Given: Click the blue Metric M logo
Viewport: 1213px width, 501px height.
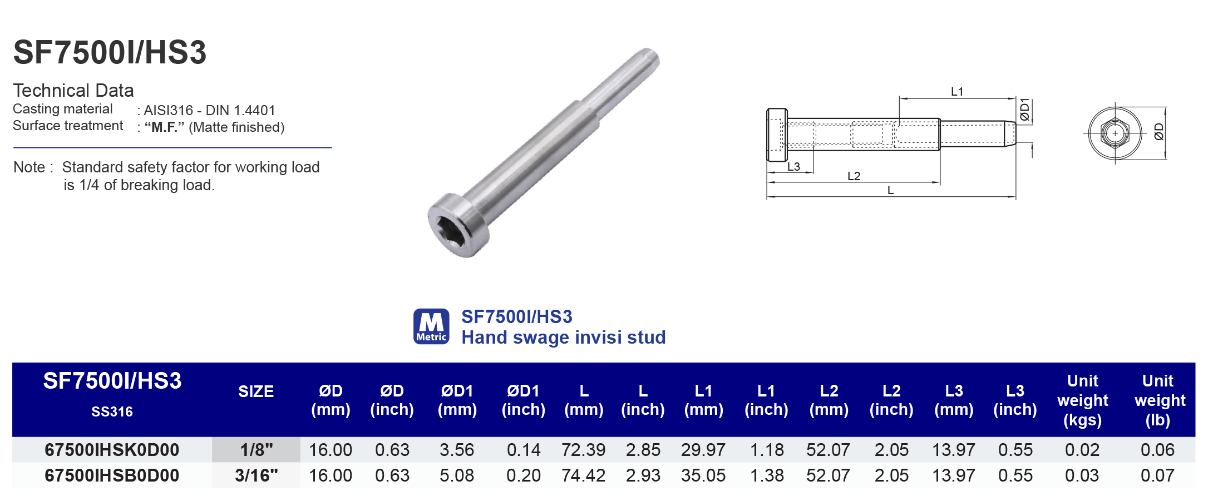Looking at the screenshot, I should point(431,326).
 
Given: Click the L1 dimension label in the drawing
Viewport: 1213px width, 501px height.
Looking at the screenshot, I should point(956,92).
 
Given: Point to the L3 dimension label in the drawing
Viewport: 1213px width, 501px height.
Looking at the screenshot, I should point(793,167).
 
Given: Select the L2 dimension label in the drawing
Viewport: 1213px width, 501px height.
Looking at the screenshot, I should point(854,176).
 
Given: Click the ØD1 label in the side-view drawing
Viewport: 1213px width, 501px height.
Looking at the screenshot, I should point(1024,110).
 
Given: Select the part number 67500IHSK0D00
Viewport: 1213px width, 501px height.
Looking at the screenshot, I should point(112,450).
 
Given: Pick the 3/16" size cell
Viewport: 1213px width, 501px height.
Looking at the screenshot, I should point(256,475).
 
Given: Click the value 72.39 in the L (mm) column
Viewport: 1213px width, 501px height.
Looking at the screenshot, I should point(583,450).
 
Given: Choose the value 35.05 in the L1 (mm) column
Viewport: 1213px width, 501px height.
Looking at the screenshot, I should point(703,475).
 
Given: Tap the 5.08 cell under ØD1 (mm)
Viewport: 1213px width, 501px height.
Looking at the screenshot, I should point(457,475).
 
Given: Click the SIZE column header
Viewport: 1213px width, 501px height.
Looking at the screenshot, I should point(256,391).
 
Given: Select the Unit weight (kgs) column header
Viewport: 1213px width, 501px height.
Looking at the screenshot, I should point(1082,400).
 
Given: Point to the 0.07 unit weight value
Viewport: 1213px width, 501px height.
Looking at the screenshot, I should point(1157,475).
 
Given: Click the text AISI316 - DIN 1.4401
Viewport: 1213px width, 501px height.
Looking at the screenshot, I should point(209,110).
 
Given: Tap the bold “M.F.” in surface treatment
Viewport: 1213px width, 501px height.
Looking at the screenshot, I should point(164,127).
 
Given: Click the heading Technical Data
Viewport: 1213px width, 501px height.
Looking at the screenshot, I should point(73,90).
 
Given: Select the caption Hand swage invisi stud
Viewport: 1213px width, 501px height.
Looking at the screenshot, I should point(563,338).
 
